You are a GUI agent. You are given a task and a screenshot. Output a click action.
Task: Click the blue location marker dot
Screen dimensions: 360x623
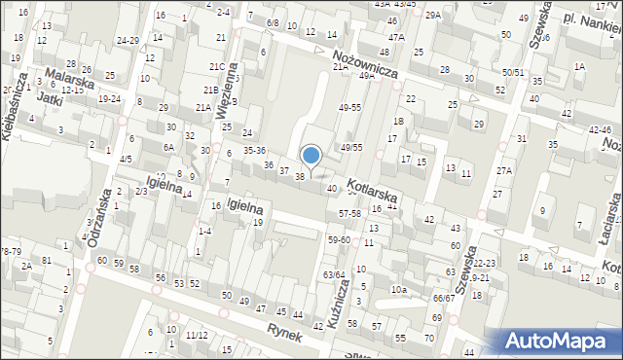pyautogui.click(x=311, y=155)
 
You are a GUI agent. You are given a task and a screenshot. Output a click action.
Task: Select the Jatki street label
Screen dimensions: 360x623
pyautogui.click(x=50, y=97)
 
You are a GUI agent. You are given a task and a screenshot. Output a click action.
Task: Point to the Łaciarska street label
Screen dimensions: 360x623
pyautogui.click(x=612, y=215)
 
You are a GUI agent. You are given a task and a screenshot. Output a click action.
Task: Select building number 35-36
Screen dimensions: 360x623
pyautogui.click(x=255, y=151)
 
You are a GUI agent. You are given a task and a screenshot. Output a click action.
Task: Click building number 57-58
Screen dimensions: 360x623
pyautogui.click(x=349, y=212)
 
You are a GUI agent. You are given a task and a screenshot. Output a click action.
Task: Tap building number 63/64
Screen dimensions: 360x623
pyautogui.click(x=334, y=274)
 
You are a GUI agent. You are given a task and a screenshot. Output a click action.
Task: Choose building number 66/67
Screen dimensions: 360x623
pyautogui.click(x=443, y=298)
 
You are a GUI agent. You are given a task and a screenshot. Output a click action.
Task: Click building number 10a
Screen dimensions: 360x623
pyautogui.click(x=398, y=289)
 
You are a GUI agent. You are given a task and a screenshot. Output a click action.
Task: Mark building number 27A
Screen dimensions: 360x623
pyautogui.click(x=503, y=171)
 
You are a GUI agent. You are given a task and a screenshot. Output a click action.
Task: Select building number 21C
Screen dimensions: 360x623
pyautogui.click(x=216, y=66)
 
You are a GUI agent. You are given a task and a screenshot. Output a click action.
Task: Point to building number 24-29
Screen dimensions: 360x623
pyautogui.click(x=128, y=41)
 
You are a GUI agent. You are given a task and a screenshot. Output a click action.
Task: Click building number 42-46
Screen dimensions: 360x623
pyautogui.click(x=601, y=129)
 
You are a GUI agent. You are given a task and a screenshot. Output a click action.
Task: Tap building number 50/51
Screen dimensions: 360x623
pyautogui.click(x=513, y=73)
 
